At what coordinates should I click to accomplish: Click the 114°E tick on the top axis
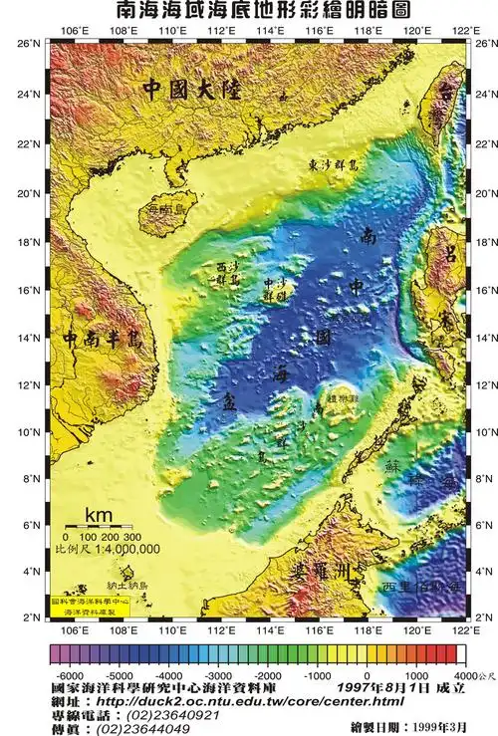[x=266, y=31]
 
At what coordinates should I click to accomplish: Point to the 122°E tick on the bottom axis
[x=459, y=630]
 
